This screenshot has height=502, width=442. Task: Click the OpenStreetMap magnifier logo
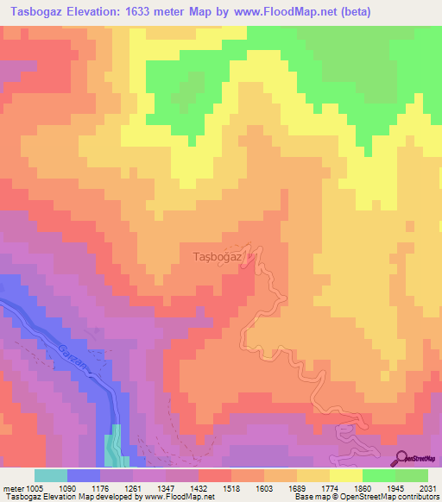(x=402, y=458)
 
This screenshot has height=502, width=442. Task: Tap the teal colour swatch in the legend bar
(x=50, y=476)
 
